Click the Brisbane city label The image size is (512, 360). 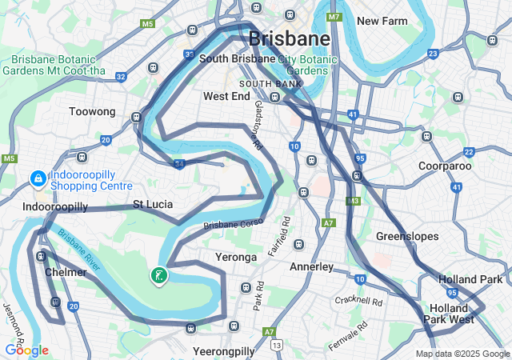[x=289, y=38]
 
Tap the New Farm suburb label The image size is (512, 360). [x=383, y=21]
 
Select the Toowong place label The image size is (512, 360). [x=92, y=112]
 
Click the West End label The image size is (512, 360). [x=226, y=96]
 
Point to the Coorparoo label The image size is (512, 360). [x=445, y=166]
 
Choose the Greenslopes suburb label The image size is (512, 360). [x=403, y=236]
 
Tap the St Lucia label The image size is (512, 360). [x=153, y=204]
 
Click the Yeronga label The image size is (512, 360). [x=236, y=257]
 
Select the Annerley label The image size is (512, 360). [x=311, y=266]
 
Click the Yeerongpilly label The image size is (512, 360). [x=224, y=351]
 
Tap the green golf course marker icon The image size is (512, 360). [x=159, y=276]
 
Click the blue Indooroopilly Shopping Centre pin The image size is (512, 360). [x=37, y=178]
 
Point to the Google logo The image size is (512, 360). [x=26, y=350]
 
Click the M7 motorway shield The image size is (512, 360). [x=334, y=17]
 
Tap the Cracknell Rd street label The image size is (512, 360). [x=360, y=301]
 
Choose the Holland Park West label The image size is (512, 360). [x=449, y=314]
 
